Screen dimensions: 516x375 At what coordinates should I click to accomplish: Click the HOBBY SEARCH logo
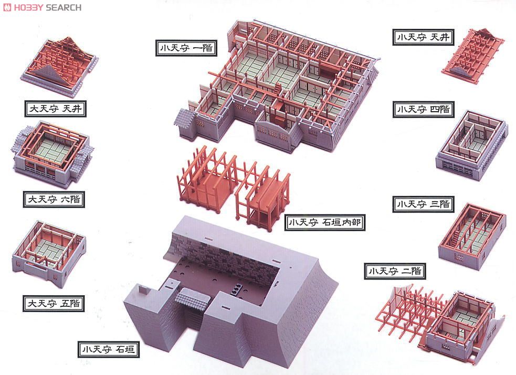(x=42, y=7)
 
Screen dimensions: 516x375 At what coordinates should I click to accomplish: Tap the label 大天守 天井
(x=56, y=109)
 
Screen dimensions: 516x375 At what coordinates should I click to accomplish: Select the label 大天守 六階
(x=54, y=199)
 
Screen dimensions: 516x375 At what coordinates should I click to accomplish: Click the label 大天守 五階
(x=54, y=303)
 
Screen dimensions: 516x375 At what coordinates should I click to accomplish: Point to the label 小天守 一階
(x=186, y=48)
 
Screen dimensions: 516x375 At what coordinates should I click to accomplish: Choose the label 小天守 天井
(x=423, y=37)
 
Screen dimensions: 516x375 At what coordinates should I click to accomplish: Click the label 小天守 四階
(x=423, y=109)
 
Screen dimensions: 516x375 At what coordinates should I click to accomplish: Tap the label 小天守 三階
(x=423, y=205)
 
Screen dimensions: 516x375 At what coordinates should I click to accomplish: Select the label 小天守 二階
(x=395, y=271)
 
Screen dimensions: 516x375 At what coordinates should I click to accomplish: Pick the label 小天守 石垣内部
(x=325, y=222)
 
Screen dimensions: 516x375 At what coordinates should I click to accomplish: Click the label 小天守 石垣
(x=109, y=349)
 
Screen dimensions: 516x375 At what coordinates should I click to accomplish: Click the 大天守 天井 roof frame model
(x=59, y=67)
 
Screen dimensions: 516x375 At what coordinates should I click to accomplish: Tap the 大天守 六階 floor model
(x=52, y=154)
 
